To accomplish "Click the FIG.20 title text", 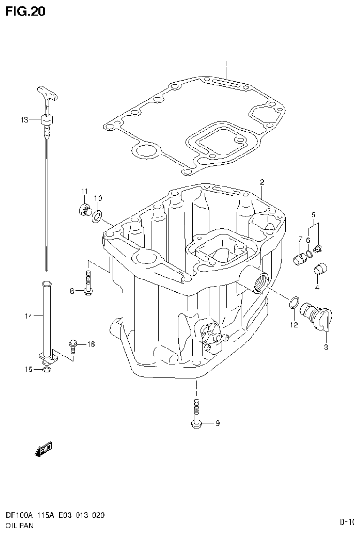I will point(25,12).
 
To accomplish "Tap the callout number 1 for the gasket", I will point(226,63).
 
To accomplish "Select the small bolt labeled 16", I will point(73,345).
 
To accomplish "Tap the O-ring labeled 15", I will point(46,370).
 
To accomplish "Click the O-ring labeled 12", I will point(292,303).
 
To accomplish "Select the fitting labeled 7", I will point(299,258).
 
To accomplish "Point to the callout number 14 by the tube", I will point(28,317).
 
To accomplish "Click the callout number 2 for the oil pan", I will point(262,182).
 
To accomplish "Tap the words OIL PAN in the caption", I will point(19,526).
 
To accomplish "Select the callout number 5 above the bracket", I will point(314,215).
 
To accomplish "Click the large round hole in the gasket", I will point(144,151).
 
